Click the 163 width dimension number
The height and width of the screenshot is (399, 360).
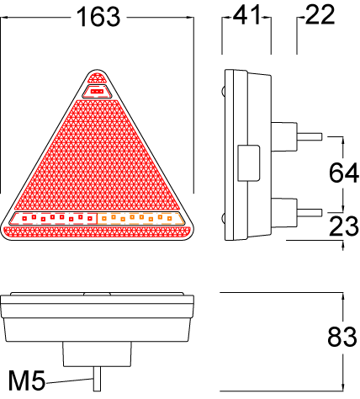98,18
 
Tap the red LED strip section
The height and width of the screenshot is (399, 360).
57,219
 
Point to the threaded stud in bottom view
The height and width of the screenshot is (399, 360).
98,378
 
